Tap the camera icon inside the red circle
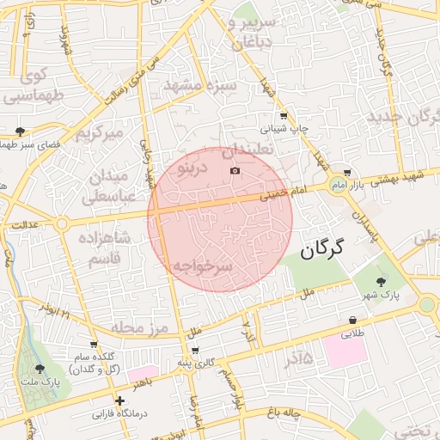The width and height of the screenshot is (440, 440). click(x=235, y=171)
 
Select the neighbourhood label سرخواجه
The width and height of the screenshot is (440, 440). click(x=202, y=266)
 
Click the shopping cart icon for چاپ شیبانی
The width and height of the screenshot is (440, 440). click(x=284, y=116)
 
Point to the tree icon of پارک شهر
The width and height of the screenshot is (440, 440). click(x=382, y=280)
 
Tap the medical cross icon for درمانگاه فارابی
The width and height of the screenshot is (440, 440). click(x=119, y=400)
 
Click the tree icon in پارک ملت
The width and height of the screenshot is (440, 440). click(x=40, y=369)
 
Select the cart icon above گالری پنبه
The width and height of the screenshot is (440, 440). click(x=196, y=351)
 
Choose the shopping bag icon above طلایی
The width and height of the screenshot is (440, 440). click(x=352, y=321)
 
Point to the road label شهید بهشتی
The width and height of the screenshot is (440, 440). click(x=407, y=175)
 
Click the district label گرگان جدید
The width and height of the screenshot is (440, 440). click(x=403, y=115)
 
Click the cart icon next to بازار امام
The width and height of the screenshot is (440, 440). click(x=346, y=172)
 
